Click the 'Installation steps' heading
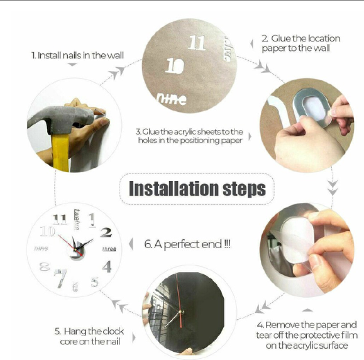coord(197,188)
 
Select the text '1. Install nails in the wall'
coord(78,55)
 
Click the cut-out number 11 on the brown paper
coord(197,43)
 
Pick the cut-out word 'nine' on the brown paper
coord(171,97)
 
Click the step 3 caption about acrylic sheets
coord(189,136)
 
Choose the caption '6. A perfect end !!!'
coord(187,244)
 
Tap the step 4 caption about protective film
coord(306,335)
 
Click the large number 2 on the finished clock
coord(106,232)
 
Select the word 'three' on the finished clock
coord(108,249)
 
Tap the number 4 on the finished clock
coord(107,266)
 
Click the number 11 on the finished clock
coord(60,219)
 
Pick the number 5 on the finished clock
coord(95,281)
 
